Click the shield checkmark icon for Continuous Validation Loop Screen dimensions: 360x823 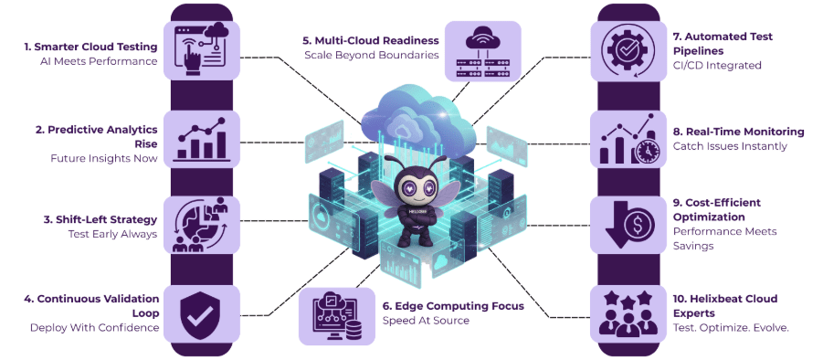[x=201, y=312]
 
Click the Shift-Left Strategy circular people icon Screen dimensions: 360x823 [x=201, y=225]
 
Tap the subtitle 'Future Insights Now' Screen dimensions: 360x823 [x=103, y=158]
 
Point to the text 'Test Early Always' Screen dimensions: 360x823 [x=113, y=236]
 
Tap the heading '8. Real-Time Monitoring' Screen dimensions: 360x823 [x=738, y=132]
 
